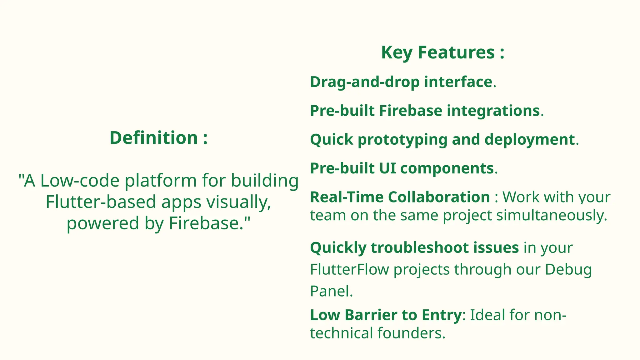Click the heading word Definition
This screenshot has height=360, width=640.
tap(154, 138)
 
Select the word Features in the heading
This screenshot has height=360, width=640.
tap(456, 52)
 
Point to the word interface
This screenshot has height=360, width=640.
tap(458, 82)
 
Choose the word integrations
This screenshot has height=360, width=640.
tap(493, 111)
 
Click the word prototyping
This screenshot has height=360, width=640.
tap(402, 140)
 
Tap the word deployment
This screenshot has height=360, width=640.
tap(530, 140)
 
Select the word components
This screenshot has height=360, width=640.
tap(447, 168)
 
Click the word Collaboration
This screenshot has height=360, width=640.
tap(439, 197)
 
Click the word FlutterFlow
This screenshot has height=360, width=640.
tap(349, 269)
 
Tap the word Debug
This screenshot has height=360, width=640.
tap(568, 270)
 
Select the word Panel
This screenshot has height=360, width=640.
tap(329, 291)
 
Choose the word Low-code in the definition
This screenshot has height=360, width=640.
tap(80, 181)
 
